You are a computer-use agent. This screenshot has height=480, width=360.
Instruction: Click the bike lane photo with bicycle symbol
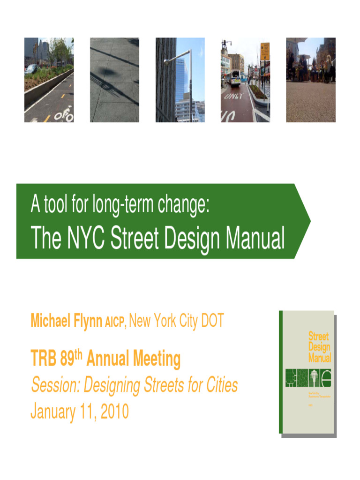[x=49, y=80]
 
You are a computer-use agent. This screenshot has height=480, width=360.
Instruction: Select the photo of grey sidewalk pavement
[x=114, y=80]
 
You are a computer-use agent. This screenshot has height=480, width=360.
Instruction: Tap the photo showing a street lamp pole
[x=180, y=80]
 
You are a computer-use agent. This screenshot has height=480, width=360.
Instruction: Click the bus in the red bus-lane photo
[x=235, y=78]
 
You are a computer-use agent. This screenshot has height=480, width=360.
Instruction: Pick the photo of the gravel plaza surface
[x=311, y=80]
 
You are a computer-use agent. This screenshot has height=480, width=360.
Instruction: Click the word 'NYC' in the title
[x=83, y=239]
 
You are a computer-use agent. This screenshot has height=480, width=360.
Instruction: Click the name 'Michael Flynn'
[x=66, y=321]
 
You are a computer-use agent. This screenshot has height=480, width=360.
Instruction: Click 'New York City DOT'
[x=176, y=321]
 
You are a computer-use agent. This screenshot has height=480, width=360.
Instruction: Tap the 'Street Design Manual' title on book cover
[x=319, y=347]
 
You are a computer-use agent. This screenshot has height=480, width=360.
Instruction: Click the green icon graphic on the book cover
[x=308, y=378]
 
